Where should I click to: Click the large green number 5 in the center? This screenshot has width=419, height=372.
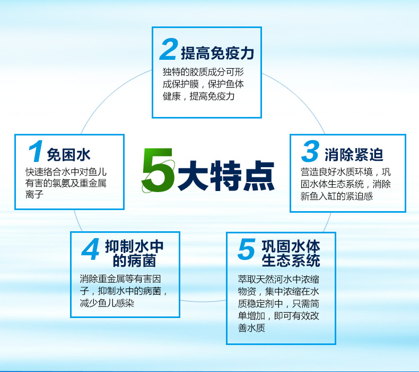pyautogui.click(x=158, y=170)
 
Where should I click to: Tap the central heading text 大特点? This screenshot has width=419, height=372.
pyautogui.click(x=226, y=176)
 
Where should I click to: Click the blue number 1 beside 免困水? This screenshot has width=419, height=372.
pyautogui.click(x=36, y=151)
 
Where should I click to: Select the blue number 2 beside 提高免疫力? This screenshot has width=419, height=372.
pyautogui.click(x=169, y=49)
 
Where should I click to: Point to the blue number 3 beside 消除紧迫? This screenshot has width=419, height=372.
pyautogui.click(x=310, y=151)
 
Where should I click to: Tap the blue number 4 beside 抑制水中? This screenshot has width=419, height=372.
pyautogui.click(x=90, y=249)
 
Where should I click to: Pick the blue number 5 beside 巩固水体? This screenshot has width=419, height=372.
pyautogui.click(x=247, y=249)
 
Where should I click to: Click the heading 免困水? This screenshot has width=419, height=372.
pyautogui.click(x=68, y=155)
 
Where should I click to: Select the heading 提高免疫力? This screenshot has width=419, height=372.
pyautogui.click(x=217, y=53)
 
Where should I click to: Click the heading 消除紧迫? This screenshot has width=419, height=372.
pyautogui.click(x=354, y=155)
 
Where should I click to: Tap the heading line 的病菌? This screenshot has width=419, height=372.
pyautogui.click(x=134, y=260)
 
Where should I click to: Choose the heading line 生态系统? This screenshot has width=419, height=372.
pyautogui.click(x=291, y=260)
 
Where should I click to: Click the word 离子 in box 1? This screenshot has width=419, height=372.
pyautogui.click(x=34, y=194)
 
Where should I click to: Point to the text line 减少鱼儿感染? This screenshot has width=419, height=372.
pyautogui.click(x=107, y=303)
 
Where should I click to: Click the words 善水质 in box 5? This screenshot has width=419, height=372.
pyautogui.click(x=251, y=328)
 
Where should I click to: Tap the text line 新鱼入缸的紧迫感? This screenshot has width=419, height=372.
pyautogui.click(x=336, y=196)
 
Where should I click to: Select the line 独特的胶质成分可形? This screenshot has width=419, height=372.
pyautogui.click(x=203, y=72)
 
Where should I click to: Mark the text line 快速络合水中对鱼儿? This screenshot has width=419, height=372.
pyautogui.click(x=66, y=172)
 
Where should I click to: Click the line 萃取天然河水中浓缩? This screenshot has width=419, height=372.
pyautogui.click(x=278, y=279)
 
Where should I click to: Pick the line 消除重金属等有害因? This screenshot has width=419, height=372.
pyautogui.click(x=120, y=279)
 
